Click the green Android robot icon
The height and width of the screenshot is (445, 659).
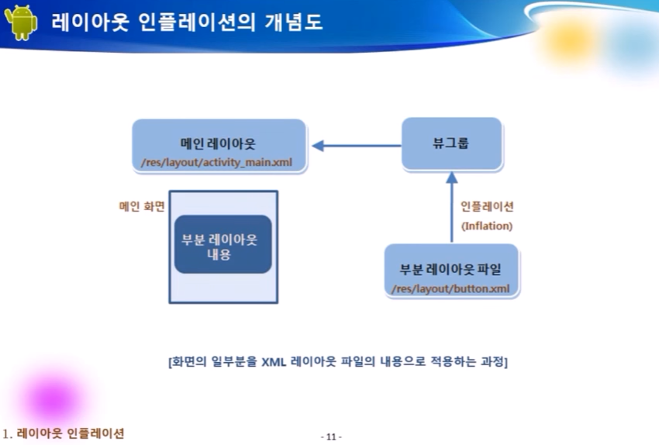point(20,22)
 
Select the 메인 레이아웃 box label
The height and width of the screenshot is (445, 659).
point(218,144)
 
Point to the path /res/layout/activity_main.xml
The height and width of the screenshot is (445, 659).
point(218,163)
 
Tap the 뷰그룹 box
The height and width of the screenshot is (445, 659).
point(451,144)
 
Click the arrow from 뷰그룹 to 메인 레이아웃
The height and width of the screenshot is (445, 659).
point(357,145)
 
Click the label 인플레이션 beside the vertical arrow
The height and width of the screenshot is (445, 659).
point(487,207)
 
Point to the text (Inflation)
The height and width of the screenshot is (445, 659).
point(487,226)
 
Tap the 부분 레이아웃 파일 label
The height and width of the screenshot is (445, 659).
point(450,271)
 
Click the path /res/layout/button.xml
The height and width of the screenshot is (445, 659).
point(450,289)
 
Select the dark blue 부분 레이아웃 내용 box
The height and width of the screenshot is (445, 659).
point(223,244)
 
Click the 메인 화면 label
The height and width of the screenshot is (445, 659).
point(141,207)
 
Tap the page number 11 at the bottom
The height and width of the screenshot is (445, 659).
point(331,436)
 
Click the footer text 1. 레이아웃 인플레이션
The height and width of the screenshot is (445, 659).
point(64,433)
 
